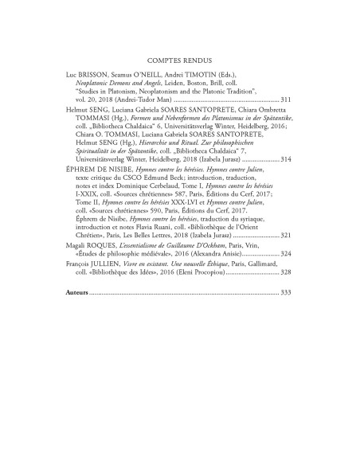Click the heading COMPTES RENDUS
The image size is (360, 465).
[x=179, y=58]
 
